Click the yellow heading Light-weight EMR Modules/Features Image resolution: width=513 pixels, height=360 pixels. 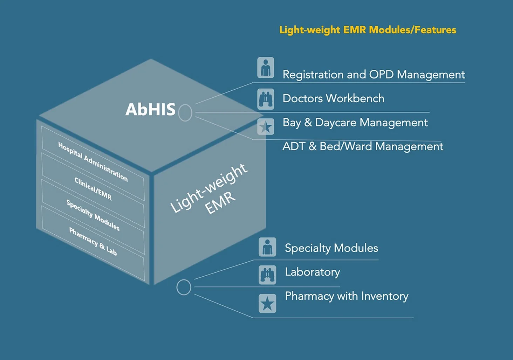point(368,30)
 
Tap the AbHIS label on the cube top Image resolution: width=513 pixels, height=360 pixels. point(150,110)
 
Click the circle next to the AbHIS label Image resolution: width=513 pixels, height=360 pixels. point(185,113)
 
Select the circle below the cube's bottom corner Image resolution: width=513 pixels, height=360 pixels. point(184,288)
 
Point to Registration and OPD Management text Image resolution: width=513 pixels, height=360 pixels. point(374,75)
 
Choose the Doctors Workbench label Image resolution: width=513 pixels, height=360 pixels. point(333,98)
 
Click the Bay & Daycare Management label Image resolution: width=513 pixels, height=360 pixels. point(355,123)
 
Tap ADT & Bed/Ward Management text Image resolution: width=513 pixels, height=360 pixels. point(363,146)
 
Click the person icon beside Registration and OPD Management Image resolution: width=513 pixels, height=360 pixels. point(266,68)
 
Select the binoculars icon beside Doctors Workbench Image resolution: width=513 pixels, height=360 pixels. point(266,99)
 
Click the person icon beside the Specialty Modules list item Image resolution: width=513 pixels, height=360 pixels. point(267,247)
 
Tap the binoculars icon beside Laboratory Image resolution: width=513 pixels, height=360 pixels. point(267,275)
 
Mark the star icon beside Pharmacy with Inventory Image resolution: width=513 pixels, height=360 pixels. point(267,303)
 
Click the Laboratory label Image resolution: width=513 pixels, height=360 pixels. point(312,272)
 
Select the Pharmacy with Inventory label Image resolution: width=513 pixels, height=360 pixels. point(347,296)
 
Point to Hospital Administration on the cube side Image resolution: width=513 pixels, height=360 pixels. point(93,162)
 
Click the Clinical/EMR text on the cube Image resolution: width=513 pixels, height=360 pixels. point(93,189)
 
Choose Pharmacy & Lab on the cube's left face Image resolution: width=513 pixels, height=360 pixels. point(93,241)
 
